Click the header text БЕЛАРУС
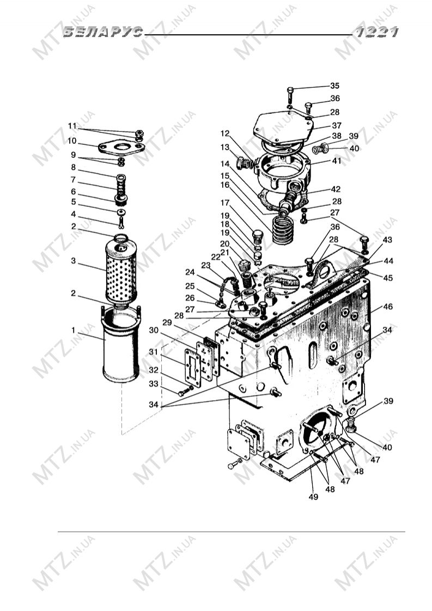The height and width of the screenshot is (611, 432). click(103, 32)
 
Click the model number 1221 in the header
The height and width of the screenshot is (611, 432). click(376, 32)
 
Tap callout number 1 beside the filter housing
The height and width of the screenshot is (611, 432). click(74, 331)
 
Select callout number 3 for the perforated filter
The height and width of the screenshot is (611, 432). click(74, 261)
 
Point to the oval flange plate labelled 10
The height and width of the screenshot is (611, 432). click(121, 147)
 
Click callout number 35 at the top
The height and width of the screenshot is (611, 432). click(334, 85)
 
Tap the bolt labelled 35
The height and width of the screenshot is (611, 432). click(290, 95)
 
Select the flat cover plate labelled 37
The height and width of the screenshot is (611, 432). click(283, 127)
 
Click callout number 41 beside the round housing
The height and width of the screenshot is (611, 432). click(336, 161)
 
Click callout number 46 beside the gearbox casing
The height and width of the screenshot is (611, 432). click(387, 307)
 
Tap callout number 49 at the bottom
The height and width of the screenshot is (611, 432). click(313, 497)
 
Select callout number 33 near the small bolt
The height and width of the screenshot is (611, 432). click(154, 384)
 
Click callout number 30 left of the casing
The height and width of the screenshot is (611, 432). click(154, 331)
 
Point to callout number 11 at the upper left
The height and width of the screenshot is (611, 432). click(72, 126)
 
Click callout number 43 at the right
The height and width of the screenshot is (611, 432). click(387, 240)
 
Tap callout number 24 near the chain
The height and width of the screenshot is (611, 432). click(190, 272)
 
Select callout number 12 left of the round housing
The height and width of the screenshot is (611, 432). click(225, 133)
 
